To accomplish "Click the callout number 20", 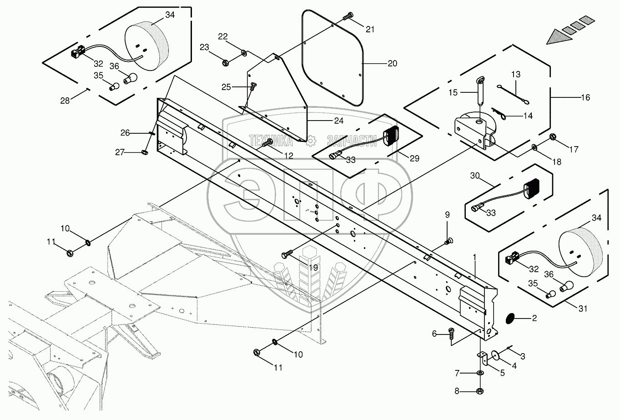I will coord(392,63).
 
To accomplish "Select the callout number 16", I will coord(585,97).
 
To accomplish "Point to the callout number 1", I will coord(474,257).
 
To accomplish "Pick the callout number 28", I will coord(65,101).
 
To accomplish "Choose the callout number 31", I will coord(583,309).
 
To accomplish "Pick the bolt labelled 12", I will coord(267,144).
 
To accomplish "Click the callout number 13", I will coord(515,74).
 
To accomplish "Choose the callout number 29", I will coord(414,158).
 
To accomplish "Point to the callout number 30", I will coord(475,176).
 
